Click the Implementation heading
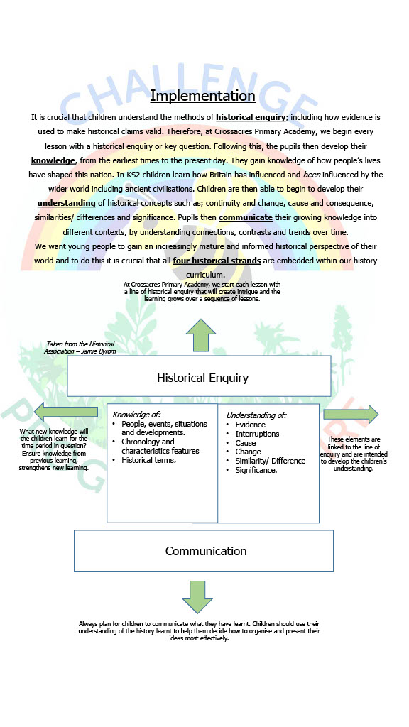202,96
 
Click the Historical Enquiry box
199,376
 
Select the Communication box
204,551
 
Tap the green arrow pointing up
201,335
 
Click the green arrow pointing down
197,597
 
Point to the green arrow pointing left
66,412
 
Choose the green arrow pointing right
351,414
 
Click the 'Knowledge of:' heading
136,415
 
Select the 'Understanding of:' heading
256,415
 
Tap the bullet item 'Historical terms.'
148,460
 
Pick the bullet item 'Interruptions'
257,434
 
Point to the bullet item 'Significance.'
256,470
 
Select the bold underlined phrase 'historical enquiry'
251,117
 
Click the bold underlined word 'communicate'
245,217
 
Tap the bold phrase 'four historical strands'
217,261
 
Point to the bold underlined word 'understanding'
66,203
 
